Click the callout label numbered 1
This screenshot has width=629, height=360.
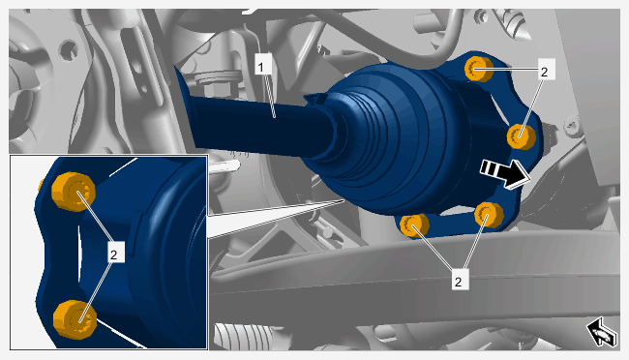[261, 67]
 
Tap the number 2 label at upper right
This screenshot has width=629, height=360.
[544, 72]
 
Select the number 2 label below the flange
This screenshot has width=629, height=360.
[458, 282]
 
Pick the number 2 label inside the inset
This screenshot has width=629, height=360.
[114, 255]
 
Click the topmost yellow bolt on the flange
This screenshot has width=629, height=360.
[479, 69]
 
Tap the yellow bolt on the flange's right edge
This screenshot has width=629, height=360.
[522, 136]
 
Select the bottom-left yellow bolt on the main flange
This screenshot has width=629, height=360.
[414, 225]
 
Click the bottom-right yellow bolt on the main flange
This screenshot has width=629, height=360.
[489, 215]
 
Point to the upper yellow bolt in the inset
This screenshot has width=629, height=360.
[74, 192]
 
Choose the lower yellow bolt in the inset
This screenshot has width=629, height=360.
[75, 319]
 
